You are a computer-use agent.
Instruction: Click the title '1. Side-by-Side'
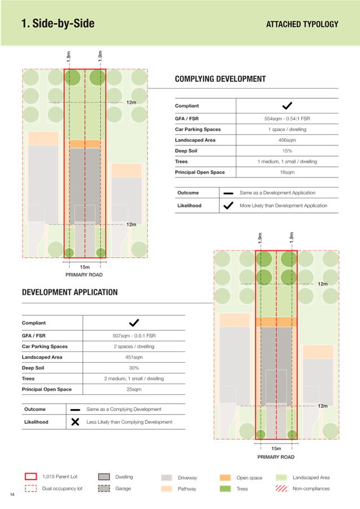pos(58,24)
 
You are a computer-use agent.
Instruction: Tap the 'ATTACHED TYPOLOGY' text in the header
pos(302,24)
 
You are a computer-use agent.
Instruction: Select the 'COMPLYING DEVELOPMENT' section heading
pos(220,79)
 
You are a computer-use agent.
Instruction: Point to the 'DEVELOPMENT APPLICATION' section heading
pos(70,292)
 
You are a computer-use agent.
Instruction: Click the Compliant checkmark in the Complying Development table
pos(287,106)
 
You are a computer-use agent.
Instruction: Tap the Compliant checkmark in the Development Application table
pos(134,323)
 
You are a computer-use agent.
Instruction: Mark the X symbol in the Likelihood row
pos(75,422)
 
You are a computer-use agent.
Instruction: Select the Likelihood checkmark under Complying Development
pos(228,206)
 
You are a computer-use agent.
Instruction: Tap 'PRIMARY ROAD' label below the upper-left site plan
pos(84,275)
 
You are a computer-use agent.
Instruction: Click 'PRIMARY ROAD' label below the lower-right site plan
pos(276,456)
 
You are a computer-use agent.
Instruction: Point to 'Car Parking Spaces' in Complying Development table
pos(198,129)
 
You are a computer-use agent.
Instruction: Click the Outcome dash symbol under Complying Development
pos(228,193)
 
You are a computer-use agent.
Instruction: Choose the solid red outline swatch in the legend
pos(31,477)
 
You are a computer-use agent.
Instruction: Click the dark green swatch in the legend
pos(225,488)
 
